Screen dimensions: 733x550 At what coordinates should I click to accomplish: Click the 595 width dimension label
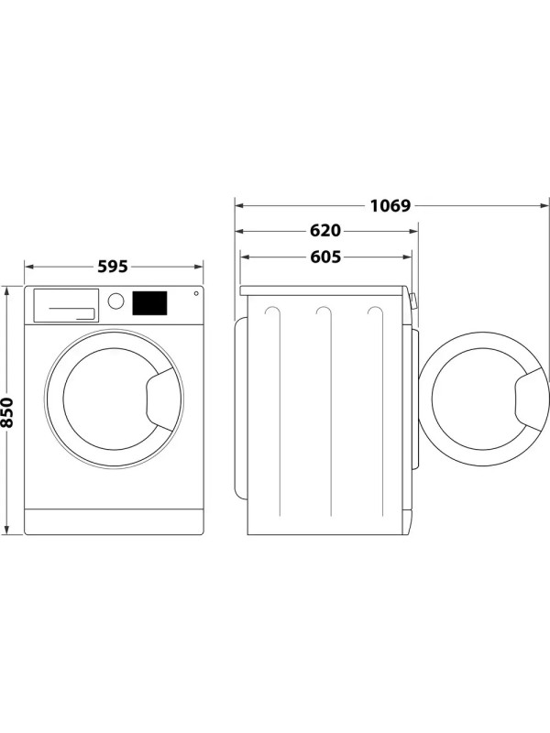click(x=112, y=267)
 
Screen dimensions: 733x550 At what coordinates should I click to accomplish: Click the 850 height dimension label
click(x=8, y=410)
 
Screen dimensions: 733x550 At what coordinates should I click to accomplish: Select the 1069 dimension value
click(x=390, y=204)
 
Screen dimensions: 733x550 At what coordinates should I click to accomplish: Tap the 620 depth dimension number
click(x=324, y=231)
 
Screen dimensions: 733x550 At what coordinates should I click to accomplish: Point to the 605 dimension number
click(x=324, y=257)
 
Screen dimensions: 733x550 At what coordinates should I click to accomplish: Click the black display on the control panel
click(x=150, y=302)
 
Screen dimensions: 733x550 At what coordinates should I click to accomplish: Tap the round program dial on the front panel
click(x=115, y=301)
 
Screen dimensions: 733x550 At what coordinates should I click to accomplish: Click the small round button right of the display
click(x=195, y=294)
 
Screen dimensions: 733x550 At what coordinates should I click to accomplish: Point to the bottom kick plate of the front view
click(x=114, y=521)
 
